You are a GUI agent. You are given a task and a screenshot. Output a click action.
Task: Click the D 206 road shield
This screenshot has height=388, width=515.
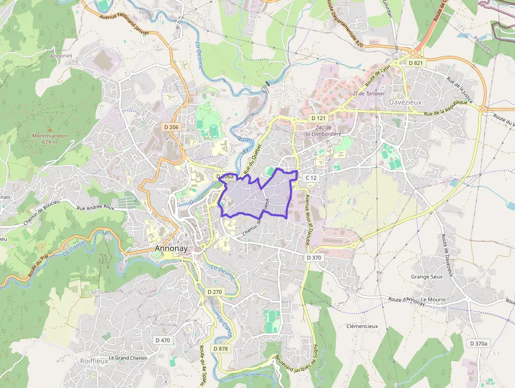point(171,127)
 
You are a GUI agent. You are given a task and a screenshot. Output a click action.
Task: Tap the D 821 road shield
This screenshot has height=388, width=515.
point(415,63)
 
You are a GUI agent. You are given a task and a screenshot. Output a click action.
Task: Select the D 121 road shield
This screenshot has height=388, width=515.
point(318,118)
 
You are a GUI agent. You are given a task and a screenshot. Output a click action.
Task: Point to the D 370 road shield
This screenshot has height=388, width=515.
point(314,257)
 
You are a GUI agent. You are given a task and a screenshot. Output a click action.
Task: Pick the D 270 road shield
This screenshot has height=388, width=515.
point(215,292)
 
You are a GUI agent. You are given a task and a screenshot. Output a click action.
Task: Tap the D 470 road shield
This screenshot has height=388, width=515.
point(163,340)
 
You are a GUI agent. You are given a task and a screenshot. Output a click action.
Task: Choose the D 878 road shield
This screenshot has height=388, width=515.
point(221,349)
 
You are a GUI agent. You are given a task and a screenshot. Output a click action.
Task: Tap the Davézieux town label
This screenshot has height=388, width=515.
point(405,102)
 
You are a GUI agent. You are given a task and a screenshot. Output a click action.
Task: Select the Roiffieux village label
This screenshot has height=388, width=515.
point(94,361)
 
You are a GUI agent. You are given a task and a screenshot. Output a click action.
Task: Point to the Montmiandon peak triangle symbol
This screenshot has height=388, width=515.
point(50,128)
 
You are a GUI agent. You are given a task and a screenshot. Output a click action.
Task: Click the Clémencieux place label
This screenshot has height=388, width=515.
point(362,326)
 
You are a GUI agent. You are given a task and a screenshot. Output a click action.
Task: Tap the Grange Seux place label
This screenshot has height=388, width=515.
point(427,276)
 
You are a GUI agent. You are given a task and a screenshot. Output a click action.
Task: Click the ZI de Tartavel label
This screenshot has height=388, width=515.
point(369,93)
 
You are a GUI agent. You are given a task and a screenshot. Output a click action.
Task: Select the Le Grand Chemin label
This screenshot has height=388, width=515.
point(128,358)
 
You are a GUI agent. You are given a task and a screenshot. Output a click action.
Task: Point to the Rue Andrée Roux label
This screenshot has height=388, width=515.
point(96,208)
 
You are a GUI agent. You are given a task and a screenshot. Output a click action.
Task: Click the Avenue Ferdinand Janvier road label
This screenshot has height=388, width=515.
point(125,25)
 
